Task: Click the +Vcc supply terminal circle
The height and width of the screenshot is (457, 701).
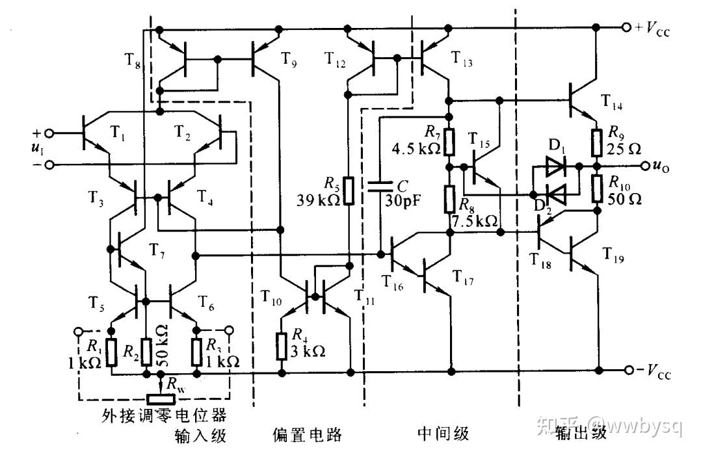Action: [626, 27]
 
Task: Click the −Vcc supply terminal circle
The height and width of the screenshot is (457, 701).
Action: [629, 370]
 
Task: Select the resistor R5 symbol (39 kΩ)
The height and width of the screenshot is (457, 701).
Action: [349, 191]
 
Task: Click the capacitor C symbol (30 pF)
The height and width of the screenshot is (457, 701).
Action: [380, 187]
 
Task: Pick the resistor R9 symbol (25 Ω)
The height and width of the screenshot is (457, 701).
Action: [596, 142]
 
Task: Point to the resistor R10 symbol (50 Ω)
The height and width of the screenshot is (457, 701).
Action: [596, 189]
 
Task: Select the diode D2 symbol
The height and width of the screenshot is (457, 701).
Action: [557, 194]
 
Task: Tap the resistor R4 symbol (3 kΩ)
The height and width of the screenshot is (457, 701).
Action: [281, 346]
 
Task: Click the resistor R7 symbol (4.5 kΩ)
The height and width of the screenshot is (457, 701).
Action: [450, 142]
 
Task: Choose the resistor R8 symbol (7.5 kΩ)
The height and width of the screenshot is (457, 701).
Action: [450, 199]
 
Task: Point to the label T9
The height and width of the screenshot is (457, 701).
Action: [288, 59]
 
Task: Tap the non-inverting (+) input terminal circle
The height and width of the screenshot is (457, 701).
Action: [49, 133]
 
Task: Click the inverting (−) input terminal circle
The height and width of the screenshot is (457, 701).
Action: [49, 165]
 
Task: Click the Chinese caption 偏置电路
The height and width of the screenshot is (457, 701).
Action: [307, 434]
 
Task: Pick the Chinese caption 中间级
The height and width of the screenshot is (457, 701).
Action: [443, 434]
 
